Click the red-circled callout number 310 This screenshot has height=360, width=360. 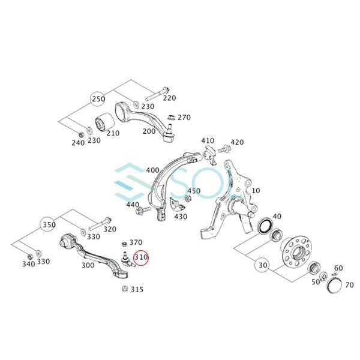coord(141,257)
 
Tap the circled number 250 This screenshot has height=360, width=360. coord(98,99)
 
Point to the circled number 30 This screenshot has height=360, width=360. coord(262,265)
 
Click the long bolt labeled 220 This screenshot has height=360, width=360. coord(158,94)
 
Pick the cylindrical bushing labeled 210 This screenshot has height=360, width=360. coord(104,121)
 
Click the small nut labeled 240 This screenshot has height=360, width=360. coord(80,134)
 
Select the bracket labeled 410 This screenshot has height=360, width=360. coord(210,155)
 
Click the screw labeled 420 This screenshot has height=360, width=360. coord(225,149)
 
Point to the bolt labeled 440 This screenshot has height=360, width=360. coord(143,209)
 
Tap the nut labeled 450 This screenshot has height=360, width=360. coord(187,198)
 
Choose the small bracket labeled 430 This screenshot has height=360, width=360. coord(177,205)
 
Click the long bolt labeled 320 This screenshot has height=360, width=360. coord(100,224)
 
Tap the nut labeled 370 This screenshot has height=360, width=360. coord(124,244)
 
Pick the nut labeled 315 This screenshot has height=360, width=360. coord(125,289)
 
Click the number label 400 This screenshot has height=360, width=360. coord(152,170)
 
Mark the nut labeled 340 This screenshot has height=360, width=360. coord(29,256)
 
